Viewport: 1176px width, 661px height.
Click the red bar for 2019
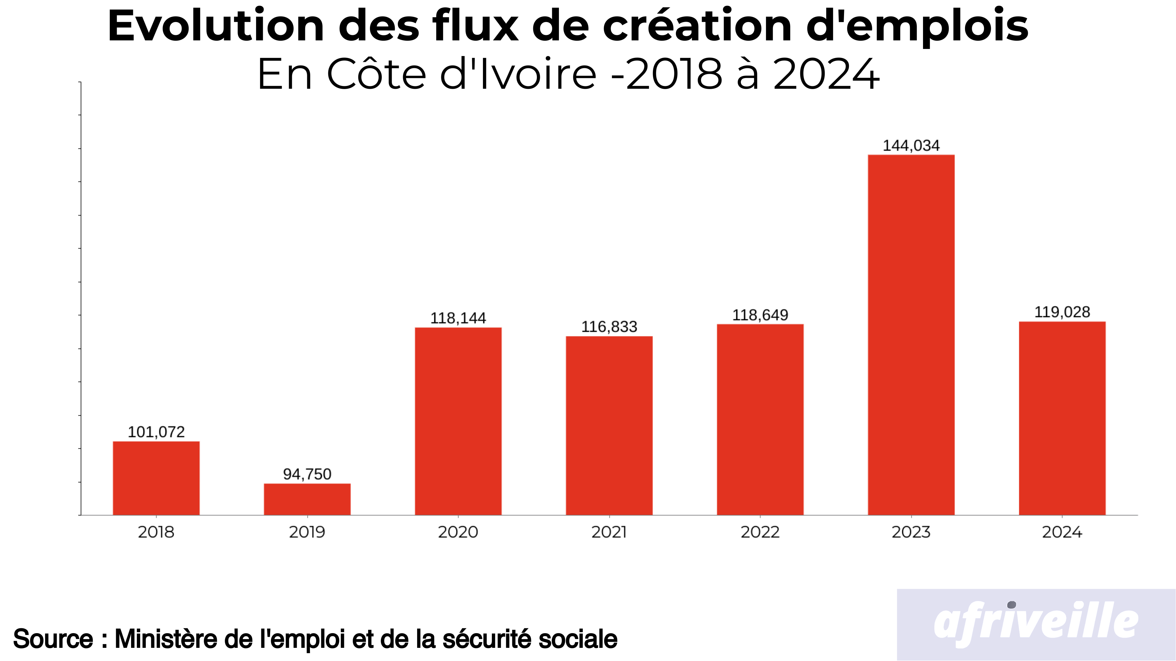[x=307, y=499]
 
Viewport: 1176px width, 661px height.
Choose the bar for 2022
[x=760, y=420]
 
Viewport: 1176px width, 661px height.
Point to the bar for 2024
[x=1062, y=418]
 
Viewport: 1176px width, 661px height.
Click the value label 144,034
[x=911, y=146]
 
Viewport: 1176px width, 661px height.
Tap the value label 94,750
[x=307, y=474]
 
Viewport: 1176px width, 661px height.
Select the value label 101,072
[x=156, y=432]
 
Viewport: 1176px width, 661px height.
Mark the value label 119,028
[x=1062, y=312]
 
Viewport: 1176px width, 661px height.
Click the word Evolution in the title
[x=216, y=26]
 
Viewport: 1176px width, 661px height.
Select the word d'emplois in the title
[x=917, y=26]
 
